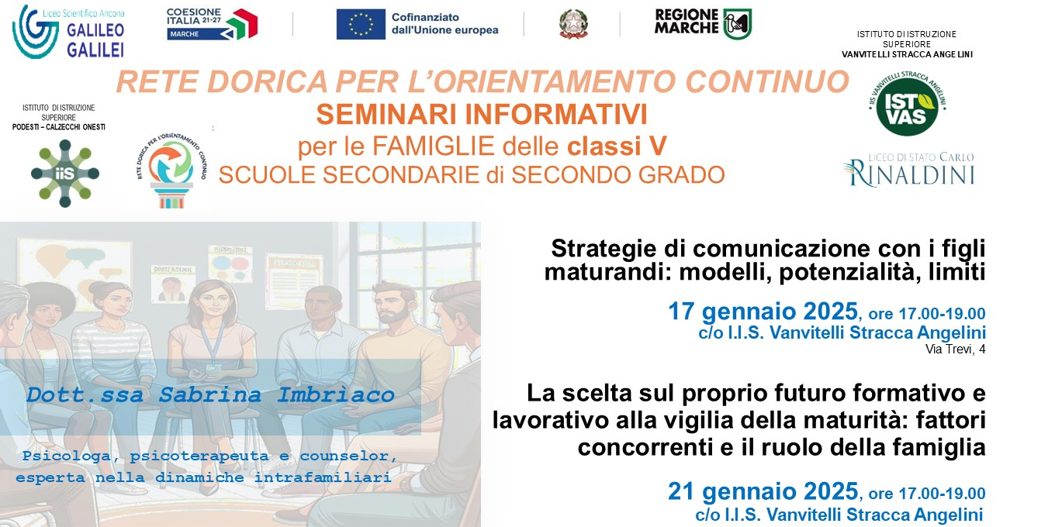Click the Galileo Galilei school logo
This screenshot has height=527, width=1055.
(68, 31)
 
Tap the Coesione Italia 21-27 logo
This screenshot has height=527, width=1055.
(212, 24)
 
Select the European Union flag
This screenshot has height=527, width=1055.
(361, 24)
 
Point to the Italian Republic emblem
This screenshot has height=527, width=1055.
(573, 24)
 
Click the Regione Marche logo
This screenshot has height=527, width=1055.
(703, 23)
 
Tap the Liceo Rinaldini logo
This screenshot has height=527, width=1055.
(909, 169)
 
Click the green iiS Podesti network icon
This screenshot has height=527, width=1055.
(65, 173)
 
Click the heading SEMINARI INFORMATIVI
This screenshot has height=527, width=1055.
(481, 115)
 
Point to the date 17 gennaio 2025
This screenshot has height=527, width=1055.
(763, 312)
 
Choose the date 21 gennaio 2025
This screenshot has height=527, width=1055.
(763, 491)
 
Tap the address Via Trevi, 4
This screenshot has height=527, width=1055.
(955, 350)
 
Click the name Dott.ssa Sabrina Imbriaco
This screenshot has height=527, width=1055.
(210, 395)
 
